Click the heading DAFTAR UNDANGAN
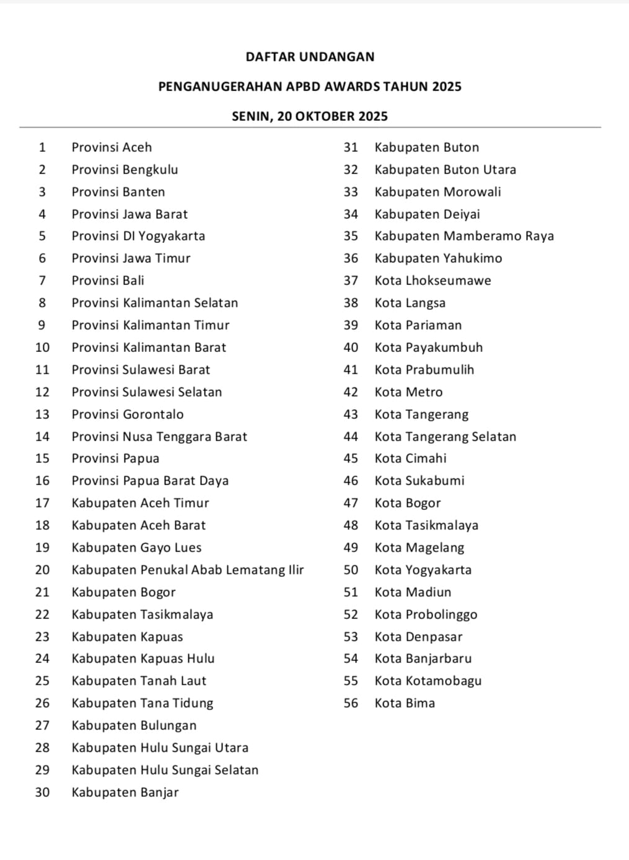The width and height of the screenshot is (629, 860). (310, 57)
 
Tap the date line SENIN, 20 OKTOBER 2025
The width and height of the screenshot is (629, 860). (310, 116)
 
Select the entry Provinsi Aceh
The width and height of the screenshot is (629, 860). (112, 147)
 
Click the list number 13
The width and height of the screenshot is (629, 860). (42, 415)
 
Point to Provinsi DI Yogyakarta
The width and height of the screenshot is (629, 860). (138, 236)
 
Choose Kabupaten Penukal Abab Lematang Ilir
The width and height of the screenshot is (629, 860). (187, 570)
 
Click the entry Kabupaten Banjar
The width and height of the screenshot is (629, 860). (125, 792)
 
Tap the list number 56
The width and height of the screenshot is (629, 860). (351, 703)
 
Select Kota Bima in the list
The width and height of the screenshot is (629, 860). (405, 703)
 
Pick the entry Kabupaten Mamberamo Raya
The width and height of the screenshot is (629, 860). (464, 236)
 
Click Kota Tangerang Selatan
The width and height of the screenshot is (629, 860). (445, 437)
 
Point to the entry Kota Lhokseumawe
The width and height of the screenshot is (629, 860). (433, 281)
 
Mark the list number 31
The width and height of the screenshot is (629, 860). (351, 147)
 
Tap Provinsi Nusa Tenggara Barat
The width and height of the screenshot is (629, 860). (159, 437)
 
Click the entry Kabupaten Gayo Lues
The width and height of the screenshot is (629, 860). (136, 548)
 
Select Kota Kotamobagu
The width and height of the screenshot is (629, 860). (428, 681)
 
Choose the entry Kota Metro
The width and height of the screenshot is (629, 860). (408, 392)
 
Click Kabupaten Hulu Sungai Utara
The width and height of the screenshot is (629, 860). (160, 748)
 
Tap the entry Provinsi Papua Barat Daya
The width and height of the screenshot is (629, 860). (150, 481)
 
